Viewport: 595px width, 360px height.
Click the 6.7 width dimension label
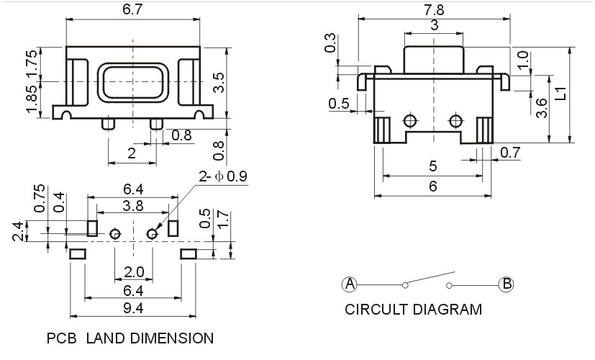click(x=132, y=9)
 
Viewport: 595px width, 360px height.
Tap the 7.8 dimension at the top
click(x=434, y=9)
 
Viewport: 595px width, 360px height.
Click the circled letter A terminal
click(x=350, y=284)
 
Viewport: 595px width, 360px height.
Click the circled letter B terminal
click(x=507, y=284)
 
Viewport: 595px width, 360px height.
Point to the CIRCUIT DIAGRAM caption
click(x=413, y=310)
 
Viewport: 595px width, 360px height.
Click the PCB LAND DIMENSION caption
click(x=130, y=338)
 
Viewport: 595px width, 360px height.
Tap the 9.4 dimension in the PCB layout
click(x=133, y=309)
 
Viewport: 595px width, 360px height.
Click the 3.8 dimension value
click(x=133, y=206)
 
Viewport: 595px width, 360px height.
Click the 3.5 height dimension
click(x=219, y=83)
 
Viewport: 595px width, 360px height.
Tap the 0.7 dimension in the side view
click(x=509, y=152)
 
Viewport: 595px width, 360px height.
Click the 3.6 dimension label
click(x=543, y=108)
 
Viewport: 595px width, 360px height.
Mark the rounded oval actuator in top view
click(x=133, y=81)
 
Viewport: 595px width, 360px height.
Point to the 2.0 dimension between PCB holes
click(x=135, y=272)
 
